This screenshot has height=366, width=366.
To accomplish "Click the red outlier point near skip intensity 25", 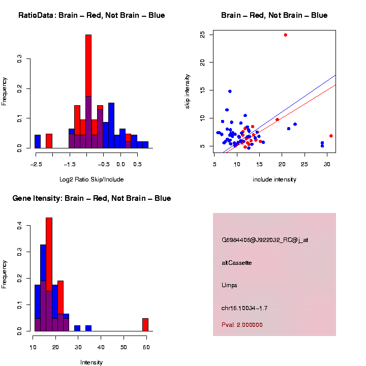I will pyautogui.click(x=286, y=35).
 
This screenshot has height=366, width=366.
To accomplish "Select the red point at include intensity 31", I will pyautogui.click(x=331, y=136).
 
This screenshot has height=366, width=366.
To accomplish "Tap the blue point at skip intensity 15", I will pyautogui.click(x=230, y=91).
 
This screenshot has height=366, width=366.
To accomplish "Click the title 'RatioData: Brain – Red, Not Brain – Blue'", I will pyautogui.click(x=91, y=16).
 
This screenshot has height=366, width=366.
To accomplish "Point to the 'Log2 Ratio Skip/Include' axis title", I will pyautogui.click(x=91, y=179).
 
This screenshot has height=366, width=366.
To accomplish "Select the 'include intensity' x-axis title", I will pyautogui.click(x=274, y=179).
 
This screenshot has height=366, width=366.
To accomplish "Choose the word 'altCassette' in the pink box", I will pyautogui.click(x=237, y=263).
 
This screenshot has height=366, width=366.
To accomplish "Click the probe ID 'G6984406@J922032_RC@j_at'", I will pyautogui.click(x=265, y=239).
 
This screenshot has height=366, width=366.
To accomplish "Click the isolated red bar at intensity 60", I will pyautogui.click(x=145, y=325).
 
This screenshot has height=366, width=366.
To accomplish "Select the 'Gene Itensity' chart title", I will pyautogui.click(x=92, y=198).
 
